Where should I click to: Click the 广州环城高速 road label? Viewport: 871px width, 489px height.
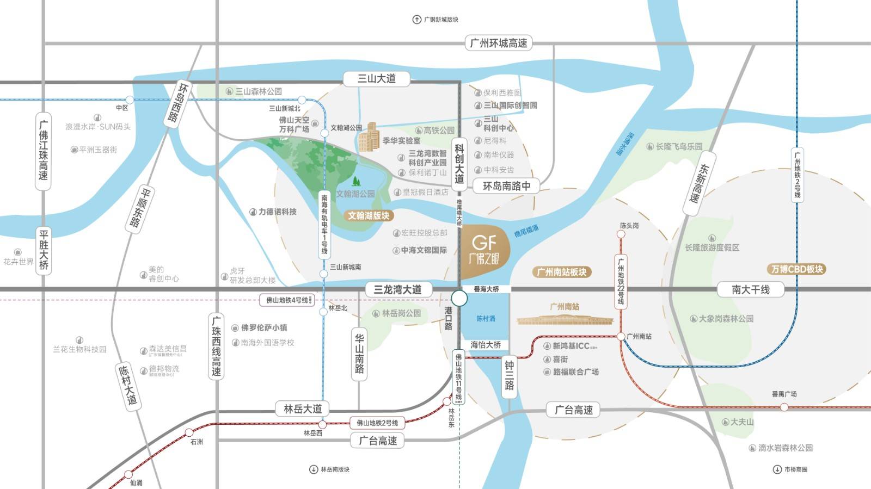coord(498,43)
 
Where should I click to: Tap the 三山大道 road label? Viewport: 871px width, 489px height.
coord(376,79)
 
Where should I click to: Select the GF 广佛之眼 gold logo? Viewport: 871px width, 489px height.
coord(484,250)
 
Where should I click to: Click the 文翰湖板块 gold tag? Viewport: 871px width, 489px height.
coord(369,216)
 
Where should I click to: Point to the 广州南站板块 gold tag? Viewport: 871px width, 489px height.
coord(561,272)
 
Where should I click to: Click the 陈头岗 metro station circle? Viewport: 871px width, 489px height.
coord(621,234)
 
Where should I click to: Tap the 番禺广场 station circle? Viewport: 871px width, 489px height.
coord(784,407)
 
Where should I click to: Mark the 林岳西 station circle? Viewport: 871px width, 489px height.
coord(322,424)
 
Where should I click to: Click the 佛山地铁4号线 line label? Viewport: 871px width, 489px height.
coord(287,300)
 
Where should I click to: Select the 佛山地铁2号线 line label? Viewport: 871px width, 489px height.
coord(377,423)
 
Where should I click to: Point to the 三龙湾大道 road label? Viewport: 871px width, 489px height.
coord(397,289)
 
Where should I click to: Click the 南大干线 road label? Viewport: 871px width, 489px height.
coord(750,289)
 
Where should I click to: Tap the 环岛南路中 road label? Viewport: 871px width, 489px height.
coord(506,186)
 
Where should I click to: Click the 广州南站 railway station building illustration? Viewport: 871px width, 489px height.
coord(565,319)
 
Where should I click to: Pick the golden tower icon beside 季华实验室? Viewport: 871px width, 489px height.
coord(369,137)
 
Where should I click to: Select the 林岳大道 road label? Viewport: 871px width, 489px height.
coord(303,408)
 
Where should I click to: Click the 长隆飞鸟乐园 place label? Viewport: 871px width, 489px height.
coord(678,146)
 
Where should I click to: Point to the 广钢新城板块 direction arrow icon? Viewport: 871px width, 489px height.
coord(416,20)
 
